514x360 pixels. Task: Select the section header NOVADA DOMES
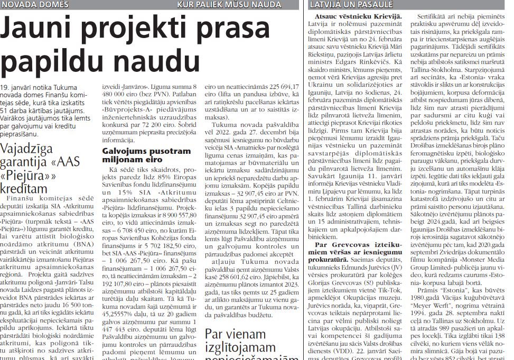click(35, 5)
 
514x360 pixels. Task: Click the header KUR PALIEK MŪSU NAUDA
click(229, 5)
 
